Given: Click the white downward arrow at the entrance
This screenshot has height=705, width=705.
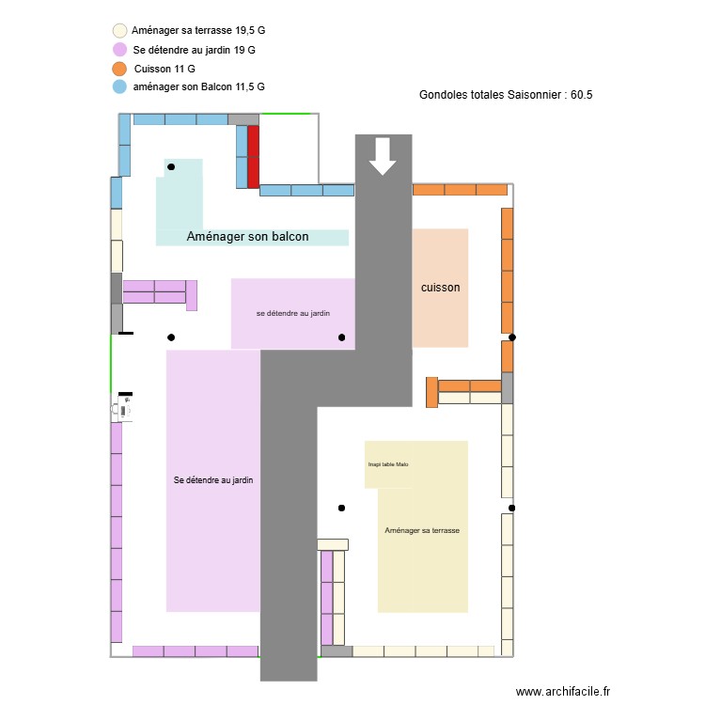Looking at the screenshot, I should pos(383,156).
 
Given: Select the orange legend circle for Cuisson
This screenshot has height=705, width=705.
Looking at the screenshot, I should pos(119,69).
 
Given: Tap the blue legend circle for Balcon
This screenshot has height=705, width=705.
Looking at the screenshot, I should pos(119,86).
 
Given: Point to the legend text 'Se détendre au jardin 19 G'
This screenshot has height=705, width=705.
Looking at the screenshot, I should pos(194,49).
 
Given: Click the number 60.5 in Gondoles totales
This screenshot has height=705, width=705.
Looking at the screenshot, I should pos(581,95).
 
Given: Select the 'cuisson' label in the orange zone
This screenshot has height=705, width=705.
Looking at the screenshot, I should pos(440,288).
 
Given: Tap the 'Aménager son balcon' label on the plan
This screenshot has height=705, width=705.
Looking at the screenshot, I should pos(247,237).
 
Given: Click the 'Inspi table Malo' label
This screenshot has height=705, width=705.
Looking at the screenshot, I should pos(388,464).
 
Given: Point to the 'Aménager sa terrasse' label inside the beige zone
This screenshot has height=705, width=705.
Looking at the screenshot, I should pos(422,530).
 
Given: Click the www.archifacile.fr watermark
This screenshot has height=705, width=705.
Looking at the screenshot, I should pos(563,691).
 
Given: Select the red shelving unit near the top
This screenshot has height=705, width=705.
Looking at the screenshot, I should pos(254,157).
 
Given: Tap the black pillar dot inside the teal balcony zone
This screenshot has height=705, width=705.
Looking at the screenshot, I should pos(171,167).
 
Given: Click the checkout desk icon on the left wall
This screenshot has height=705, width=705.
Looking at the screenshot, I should pos(123,407).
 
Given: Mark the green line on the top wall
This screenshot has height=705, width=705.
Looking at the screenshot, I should pos(289,114).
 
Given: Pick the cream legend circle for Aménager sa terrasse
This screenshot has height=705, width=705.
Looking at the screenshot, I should pos(119,31).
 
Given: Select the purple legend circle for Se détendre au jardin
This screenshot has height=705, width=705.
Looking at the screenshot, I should pos(119,49).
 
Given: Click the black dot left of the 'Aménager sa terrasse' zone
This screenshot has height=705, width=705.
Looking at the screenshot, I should pos(341,509).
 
